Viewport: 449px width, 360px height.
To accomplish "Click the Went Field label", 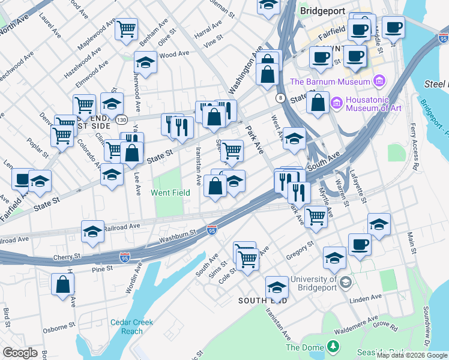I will tap(170, 193).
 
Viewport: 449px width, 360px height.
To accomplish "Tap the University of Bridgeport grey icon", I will tap(346, 282).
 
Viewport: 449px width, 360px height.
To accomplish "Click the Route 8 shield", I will tap(280, 98).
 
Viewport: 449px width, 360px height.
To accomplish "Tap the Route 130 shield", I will tap(122, 120).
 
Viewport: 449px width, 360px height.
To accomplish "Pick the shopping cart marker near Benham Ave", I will tap(126, 29).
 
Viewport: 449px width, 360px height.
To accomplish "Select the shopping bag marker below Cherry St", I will tap(62, 285).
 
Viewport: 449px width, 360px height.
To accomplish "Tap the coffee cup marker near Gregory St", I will tap(360, 245).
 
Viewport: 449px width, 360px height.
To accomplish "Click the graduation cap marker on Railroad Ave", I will tap(93, 232).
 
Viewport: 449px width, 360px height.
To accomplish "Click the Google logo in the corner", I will tap(20, 353).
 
